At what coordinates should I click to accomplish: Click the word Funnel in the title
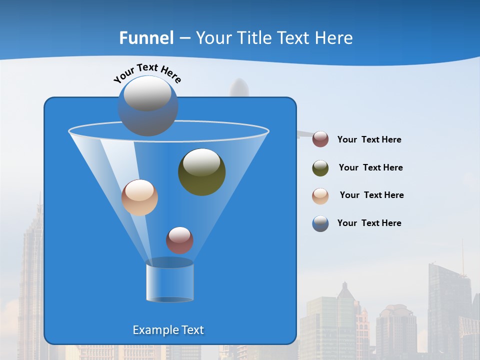146,38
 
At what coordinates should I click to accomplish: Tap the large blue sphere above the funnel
148,106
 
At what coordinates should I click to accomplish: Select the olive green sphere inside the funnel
201,172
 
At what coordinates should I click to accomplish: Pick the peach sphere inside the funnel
139,198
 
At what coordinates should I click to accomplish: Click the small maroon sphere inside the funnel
179,240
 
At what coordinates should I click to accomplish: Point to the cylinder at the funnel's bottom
169,282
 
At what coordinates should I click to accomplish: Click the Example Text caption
168,330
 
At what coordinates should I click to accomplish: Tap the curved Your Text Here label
147,73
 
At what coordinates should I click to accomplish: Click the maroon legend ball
320,139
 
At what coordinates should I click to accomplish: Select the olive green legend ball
320,168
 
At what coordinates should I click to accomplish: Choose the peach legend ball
320,196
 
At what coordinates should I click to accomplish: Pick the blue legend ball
320,223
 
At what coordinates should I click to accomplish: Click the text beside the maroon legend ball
369,140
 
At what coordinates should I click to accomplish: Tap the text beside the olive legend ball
370,168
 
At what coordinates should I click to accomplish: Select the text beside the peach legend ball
371,195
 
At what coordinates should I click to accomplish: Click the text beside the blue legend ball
369,223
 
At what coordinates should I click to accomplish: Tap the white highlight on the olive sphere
201,162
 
